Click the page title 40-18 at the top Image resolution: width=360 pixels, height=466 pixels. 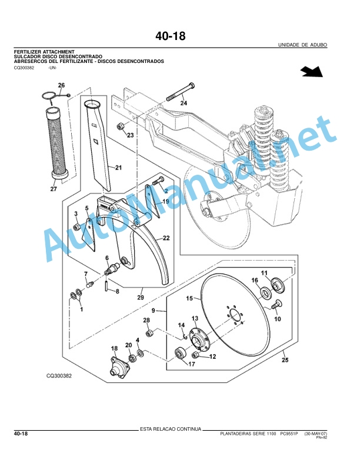pos(170,36)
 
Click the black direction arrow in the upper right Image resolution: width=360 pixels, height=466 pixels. pos(312,72)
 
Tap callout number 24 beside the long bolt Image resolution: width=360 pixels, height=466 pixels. pos(184,103)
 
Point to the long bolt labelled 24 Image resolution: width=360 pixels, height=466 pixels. pos(181,92)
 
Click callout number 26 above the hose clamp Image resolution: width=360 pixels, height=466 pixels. pos(61,85)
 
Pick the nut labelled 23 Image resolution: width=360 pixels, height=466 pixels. pos(121,126)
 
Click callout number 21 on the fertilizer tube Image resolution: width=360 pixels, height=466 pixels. pos(118,168)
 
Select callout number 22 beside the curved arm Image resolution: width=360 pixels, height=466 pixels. pos(166,238)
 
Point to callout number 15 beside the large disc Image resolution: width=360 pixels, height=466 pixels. pos(189,298)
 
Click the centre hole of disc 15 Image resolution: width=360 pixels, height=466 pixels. pos(235,315)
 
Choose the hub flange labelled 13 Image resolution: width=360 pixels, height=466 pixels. pos(198,338)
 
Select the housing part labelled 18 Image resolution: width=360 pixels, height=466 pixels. pos(120,367)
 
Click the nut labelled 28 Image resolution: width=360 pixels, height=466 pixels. pos(149,333)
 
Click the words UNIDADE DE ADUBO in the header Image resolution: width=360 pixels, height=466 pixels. pos(302,45)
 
